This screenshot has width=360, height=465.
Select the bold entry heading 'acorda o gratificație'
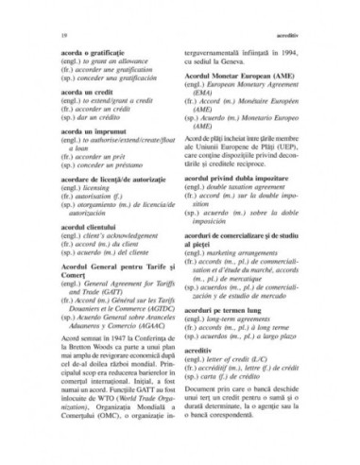pyautogui.click(x=80, y=52)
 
